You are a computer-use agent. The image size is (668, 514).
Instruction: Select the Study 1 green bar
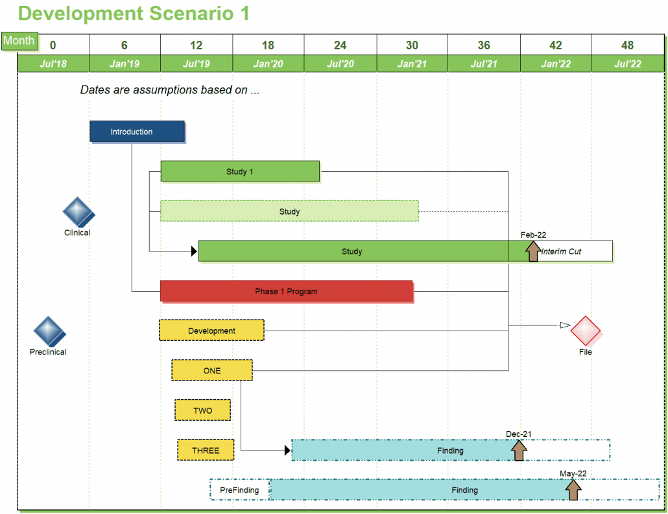pyautogui.click(x=240, y=172)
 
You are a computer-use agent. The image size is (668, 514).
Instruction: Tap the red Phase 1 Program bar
pyautogui.click(x=286, y=292)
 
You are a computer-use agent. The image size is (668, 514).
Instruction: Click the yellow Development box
pyautogui.click(x=211, y=331)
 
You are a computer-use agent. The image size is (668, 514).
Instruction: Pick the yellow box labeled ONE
pyautogui.click(x=211, y=371)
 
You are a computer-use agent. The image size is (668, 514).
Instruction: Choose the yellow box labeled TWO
pyautogui.click(x=202, y=410)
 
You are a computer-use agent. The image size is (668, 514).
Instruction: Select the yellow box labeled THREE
pyautogui.click(x=206, y=450)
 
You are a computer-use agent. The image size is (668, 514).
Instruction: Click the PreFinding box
pyautogui.click(x=239, y=490)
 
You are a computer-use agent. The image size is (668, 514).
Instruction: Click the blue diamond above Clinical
pyautogui.click(x=78, y=212)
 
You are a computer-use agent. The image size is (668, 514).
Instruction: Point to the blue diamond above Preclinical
pyautogui.click(x=49, y=332)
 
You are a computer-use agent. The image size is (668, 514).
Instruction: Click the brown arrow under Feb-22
pyautogui.click(x=533, y=251)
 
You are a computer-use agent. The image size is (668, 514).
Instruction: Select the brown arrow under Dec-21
pyautogui.click(x=518, y=450)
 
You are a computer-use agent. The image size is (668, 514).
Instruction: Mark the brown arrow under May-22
pyautogui.click(x=573, y=489)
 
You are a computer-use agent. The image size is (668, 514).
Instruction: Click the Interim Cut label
pyautogui.click(x=562, y=251)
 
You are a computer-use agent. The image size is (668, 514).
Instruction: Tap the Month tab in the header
pyautogui.click(x=19, y=41)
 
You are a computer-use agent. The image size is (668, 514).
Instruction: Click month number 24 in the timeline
pyautogui.click(x=340, y=45)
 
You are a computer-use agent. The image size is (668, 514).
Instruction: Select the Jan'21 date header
pyautogui.click(x=412, y=64)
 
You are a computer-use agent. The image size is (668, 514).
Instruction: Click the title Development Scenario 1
pyautogui.click(x=134, y=14)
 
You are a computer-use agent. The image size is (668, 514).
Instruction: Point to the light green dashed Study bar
pyautogui.click(x=289, y=211)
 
